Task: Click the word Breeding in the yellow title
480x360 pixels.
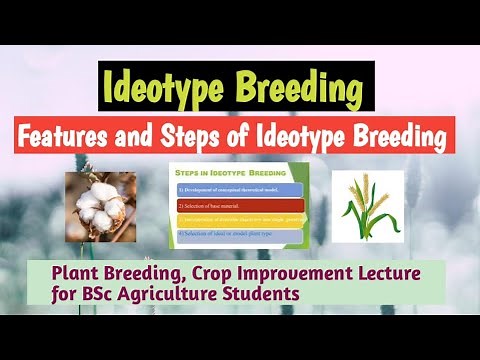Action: (299, 86)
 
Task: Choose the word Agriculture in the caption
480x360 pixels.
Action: (174, 294)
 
